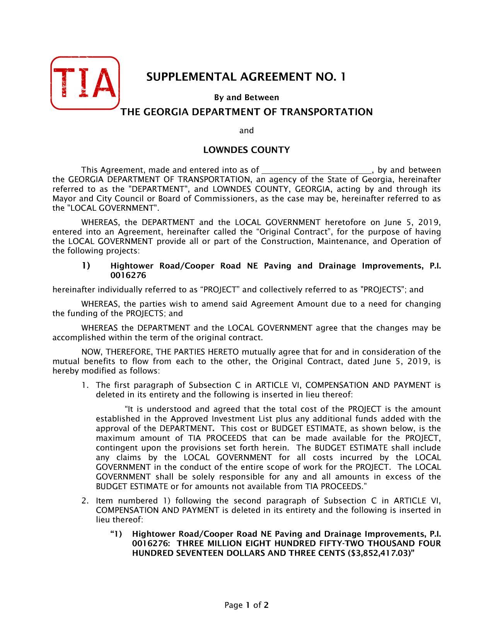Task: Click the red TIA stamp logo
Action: pyautogui.click(x=85, y=82)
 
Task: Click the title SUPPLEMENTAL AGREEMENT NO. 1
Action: pyautogui.click(x=246, y=77)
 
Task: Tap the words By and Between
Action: pyautogui.click(x=246, y=97)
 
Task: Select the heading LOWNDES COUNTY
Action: pyautogui.click(x=246, y=150)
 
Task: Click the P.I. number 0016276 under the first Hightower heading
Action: pyautogui.click(x=128, y=275)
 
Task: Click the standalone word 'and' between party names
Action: pyautogui.click(x=246, y=131)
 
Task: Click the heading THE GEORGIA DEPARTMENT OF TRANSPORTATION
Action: pyautogui.click(x=246, y=112)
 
